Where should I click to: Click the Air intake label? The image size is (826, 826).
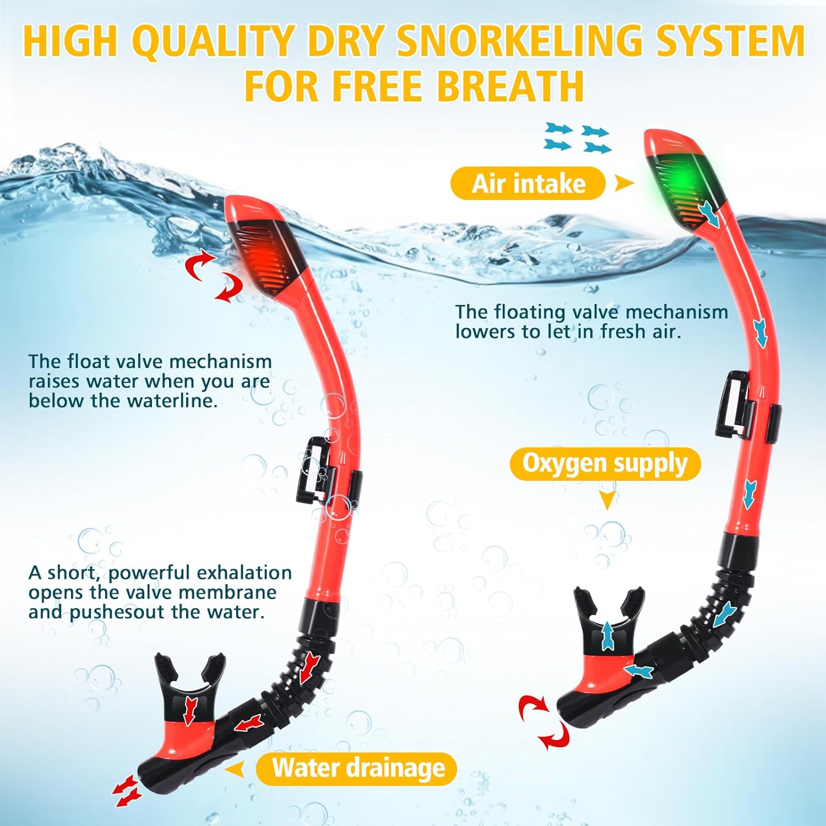click(528, 183)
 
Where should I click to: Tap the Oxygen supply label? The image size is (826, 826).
click(605, 464)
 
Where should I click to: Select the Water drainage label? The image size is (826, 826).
click(357, 769)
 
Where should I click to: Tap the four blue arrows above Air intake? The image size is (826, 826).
click(577, 138)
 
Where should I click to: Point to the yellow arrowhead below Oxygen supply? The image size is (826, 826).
click(607, 501)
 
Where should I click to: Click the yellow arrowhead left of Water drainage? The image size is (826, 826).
click(236, 769)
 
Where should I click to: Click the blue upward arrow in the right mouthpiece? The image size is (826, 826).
click(607, 635)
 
